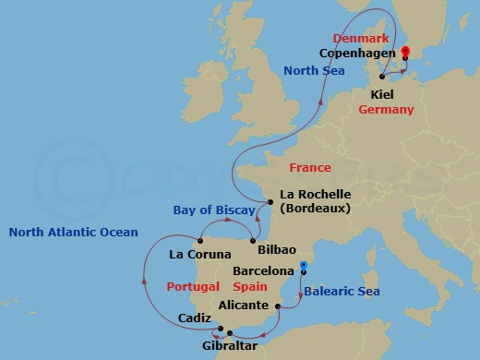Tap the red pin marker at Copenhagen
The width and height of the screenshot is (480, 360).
click(406, 53)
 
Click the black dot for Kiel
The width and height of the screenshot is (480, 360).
click(381, 76)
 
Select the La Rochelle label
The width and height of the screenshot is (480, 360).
click(315, 195)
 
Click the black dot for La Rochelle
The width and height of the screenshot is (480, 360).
click(269, 201)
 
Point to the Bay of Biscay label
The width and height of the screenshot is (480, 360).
click(215, 210)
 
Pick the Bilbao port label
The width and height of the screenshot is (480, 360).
click(277, 250)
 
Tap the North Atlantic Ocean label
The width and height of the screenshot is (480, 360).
click(73, 233)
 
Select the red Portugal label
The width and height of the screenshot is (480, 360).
click(193, 287)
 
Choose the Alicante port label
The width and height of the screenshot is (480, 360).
click(245, 305)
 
